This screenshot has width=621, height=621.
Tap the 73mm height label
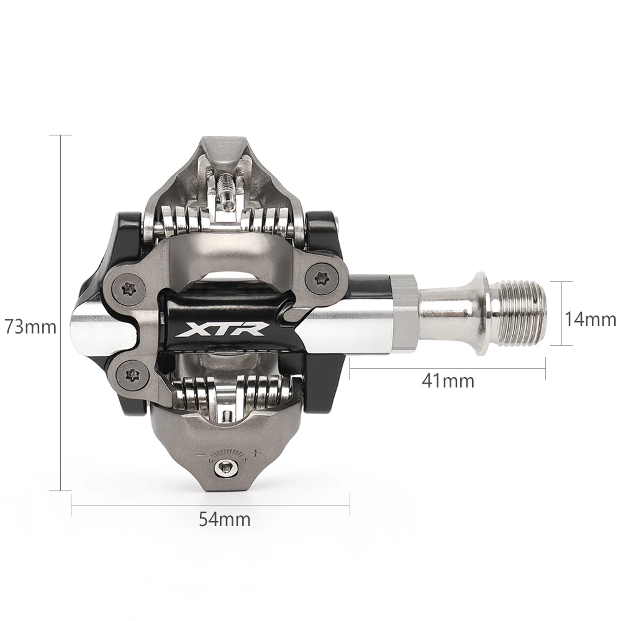click(x=30, y=327)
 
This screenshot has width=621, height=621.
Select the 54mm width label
click(x=225, y=519)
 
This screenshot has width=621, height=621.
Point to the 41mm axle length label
click(x=448, y=381)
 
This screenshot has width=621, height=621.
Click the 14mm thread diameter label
click(x=590, y=320)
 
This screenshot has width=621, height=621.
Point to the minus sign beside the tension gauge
click(x=199, y=456)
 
